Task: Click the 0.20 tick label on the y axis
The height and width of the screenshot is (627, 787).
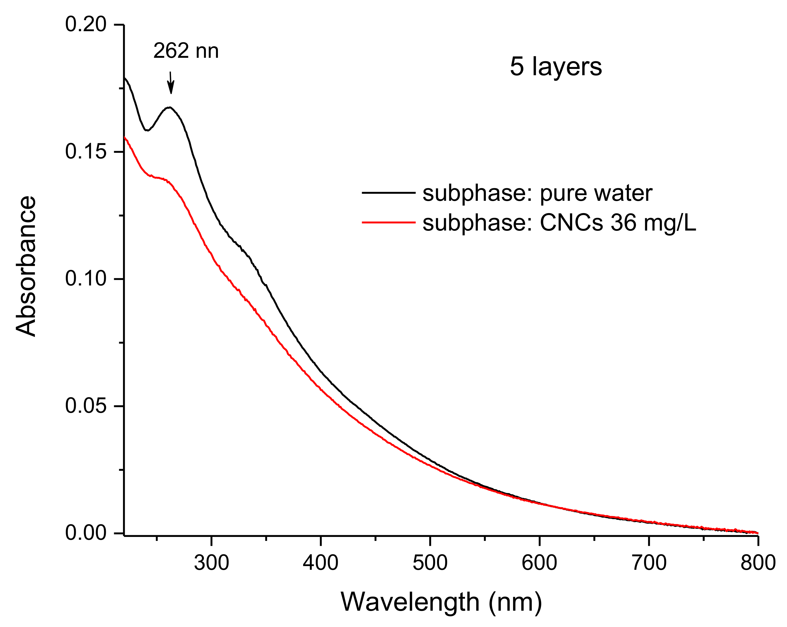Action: click(86, 25)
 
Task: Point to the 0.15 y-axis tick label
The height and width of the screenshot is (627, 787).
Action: click(86, 152)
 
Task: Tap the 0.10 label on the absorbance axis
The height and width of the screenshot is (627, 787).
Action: click(86, 279)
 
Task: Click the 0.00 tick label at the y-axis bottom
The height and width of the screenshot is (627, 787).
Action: click(86, 533)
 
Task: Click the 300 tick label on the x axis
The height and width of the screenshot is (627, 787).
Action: click(211, 563)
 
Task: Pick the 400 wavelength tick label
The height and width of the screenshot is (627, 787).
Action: click(321, 563)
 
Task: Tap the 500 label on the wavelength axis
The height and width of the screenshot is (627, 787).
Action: click(430, 563)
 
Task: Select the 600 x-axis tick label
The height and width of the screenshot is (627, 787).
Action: click(539, 563)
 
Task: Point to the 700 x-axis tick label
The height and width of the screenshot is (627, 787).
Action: click(649, 563)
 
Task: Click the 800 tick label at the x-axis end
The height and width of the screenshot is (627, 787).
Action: click(758, 563)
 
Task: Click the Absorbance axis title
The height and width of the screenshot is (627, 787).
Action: click(26, 266)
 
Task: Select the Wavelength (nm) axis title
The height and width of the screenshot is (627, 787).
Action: click(441, 602)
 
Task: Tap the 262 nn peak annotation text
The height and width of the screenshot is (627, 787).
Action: click(186, 51)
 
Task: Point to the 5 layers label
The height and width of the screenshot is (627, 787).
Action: click(556, 67)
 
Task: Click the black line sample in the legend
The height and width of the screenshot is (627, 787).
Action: click(388, 193)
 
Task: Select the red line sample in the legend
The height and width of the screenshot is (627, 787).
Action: click(388, 222)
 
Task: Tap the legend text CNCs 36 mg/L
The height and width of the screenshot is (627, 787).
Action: click(618, 223)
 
